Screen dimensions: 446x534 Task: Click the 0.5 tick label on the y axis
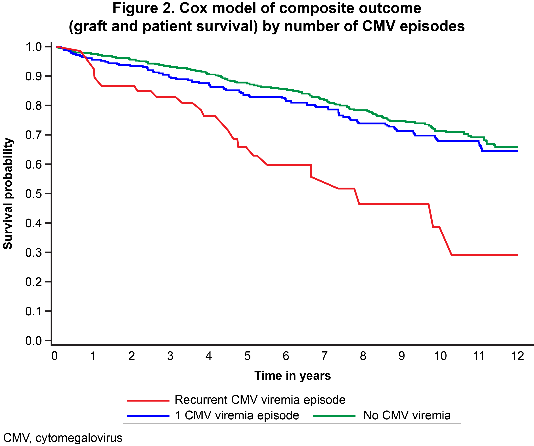(33, 194)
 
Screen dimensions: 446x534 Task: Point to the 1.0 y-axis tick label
(33, 47)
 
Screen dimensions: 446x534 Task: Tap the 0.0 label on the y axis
(33, 341)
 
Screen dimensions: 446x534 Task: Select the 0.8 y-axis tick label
(33, 106)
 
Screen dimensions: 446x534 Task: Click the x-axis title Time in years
(292, 376)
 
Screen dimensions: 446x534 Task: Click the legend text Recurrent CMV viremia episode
(260, 400)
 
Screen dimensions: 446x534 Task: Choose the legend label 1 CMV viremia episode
(237, 415)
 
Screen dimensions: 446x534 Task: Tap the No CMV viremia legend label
(407, 415)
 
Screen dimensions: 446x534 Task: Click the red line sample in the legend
(148, 401)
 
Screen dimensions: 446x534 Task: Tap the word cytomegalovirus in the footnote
(79, 438)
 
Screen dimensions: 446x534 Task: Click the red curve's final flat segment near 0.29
(483, 255)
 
